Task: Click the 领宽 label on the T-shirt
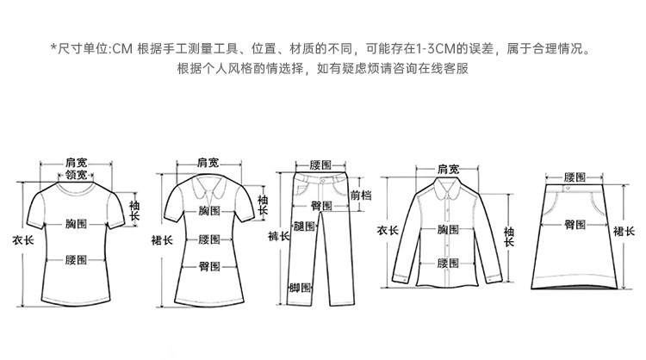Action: (76, 175)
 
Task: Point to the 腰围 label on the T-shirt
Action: (77, 259)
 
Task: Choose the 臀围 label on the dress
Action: (208, 265)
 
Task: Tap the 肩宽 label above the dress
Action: (208, 162)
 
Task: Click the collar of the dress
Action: (208, 185)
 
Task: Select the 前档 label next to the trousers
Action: (361, 196)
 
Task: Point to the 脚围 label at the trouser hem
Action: (301, 289)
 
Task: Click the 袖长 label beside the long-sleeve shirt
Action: (509, 236)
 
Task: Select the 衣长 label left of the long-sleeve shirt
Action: (388, 232)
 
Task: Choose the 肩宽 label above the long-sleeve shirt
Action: (448, 167)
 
